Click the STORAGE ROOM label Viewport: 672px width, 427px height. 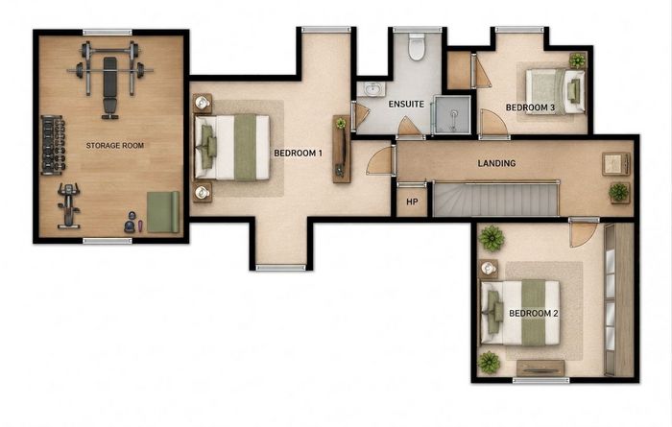pos(115,146)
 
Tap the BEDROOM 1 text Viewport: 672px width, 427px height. pos(298,153)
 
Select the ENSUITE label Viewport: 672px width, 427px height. pos(406,104)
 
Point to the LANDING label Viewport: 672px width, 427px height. pos(496,163)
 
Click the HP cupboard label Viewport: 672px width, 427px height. pos(412,202)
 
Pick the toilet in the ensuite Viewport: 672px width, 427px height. pos(416,47)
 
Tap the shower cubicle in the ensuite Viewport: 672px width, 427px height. pos(453,115)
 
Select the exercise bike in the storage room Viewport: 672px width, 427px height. pos(69,206)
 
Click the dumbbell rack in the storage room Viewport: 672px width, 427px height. pos(53,145)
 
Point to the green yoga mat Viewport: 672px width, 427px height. pos(163,212)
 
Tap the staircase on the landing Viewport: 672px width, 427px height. pos(495,200)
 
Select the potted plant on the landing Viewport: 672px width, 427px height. pos(619,192)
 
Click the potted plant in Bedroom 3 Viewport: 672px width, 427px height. pos(577,60)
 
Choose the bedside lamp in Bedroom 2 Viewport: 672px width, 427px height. pos(488,269)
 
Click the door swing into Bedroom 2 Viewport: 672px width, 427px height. pos(583,234)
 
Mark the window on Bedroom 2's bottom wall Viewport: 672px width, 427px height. pos(540,380)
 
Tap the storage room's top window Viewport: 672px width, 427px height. pos(108,32)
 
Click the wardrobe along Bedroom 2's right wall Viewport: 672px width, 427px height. pos(618,299)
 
